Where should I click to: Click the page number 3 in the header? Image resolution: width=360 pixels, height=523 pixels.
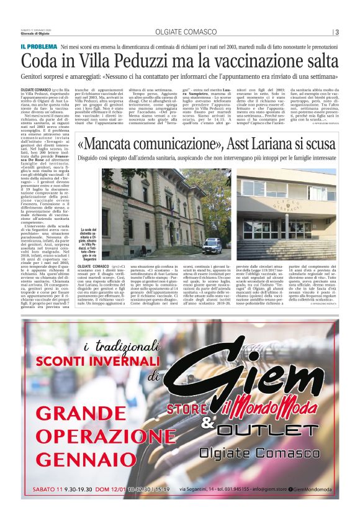(x=336, y=32)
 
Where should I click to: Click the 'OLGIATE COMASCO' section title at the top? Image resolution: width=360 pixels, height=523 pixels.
(x=180, y=32)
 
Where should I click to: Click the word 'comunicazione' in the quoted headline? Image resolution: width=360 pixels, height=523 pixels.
(x=158, y=145)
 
